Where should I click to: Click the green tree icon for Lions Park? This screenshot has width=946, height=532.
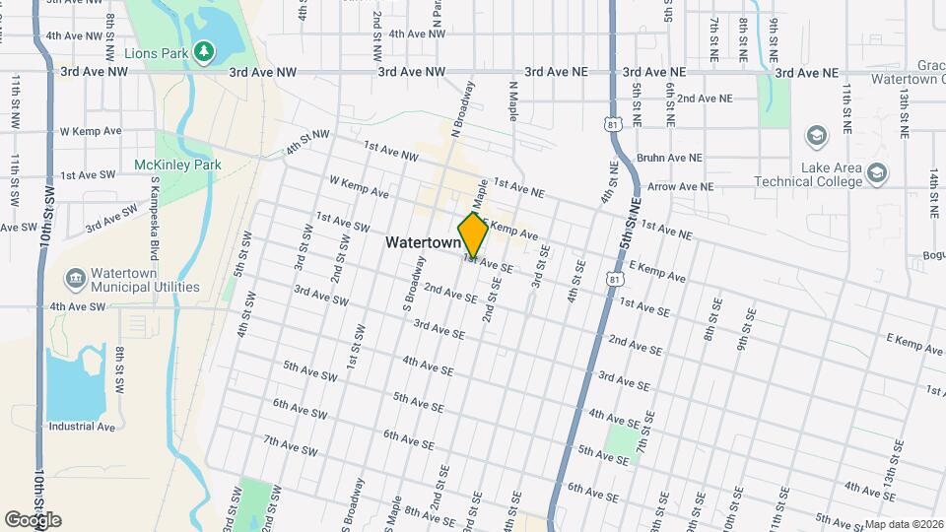pyautogui.click(x=204, y=50)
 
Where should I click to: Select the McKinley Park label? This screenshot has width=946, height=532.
pyautogui.click(x=178, y=166)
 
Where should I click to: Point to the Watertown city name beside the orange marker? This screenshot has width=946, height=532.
pyautogui.click(x=422, y=241)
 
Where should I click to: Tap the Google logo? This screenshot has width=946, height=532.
pyautogui.click(x=33, y=520)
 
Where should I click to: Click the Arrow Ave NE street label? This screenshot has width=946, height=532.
pyautogui.click(x=674, y=186)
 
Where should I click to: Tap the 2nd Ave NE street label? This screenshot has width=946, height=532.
pyautogui.click(x=704, y=99)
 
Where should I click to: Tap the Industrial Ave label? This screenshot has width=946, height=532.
pyautogui.click(x=82, y=427)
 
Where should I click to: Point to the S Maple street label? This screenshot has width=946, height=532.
pyautogui.click(x=393, y=513)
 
